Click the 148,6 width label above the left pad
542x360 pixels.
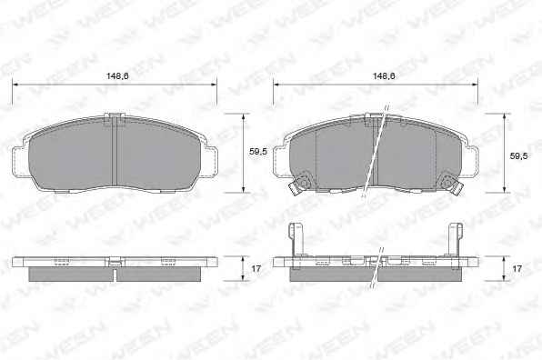click(x=117, y=76)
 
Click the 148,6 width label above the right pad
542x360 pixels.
click(x=384, y=76)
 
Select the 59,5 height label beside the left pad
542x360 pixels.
click(x=258, y=151)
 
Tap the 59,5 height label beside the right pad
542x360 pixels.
click(x=519, y=155)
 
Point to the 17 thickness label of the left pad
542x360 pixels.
click(x=256, y=268)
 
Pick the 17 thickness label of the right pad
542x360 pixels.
click(x=517, y=268)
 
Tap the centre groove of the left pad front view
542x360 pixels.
click(x=115, y=152)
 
